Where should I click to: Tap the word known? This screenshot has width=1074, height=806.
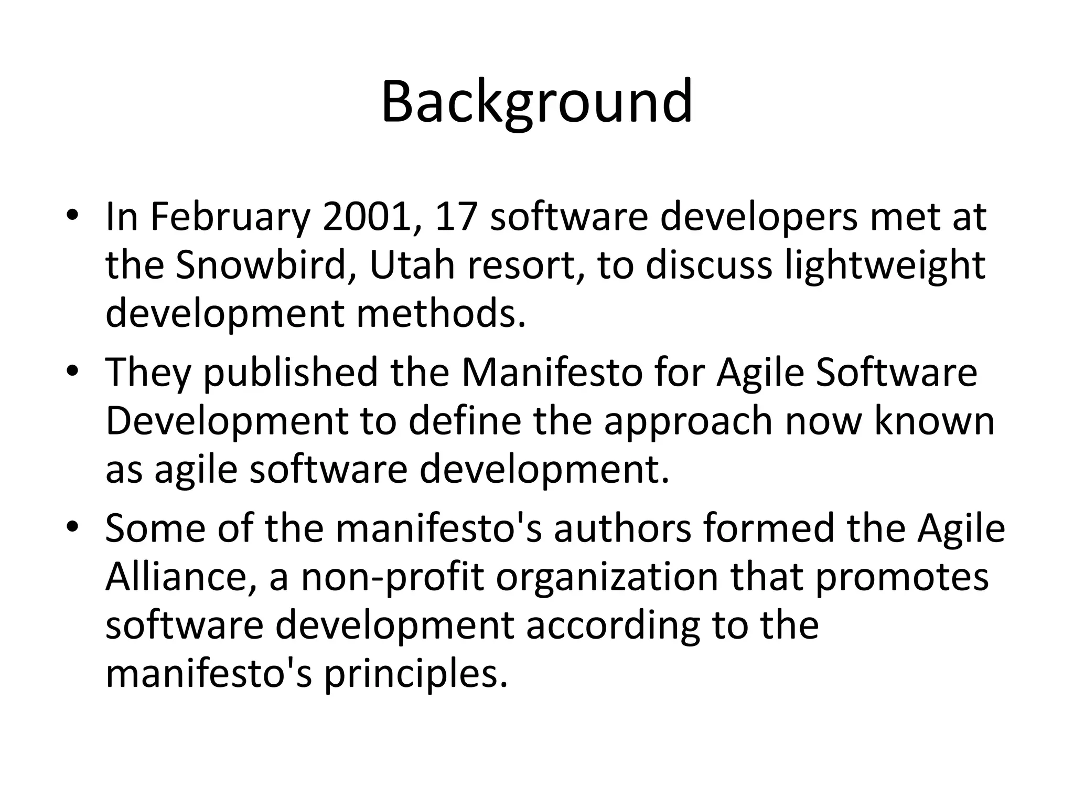[934, 421]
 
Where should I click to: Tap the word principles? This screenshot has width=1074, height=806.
[415, 675]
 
